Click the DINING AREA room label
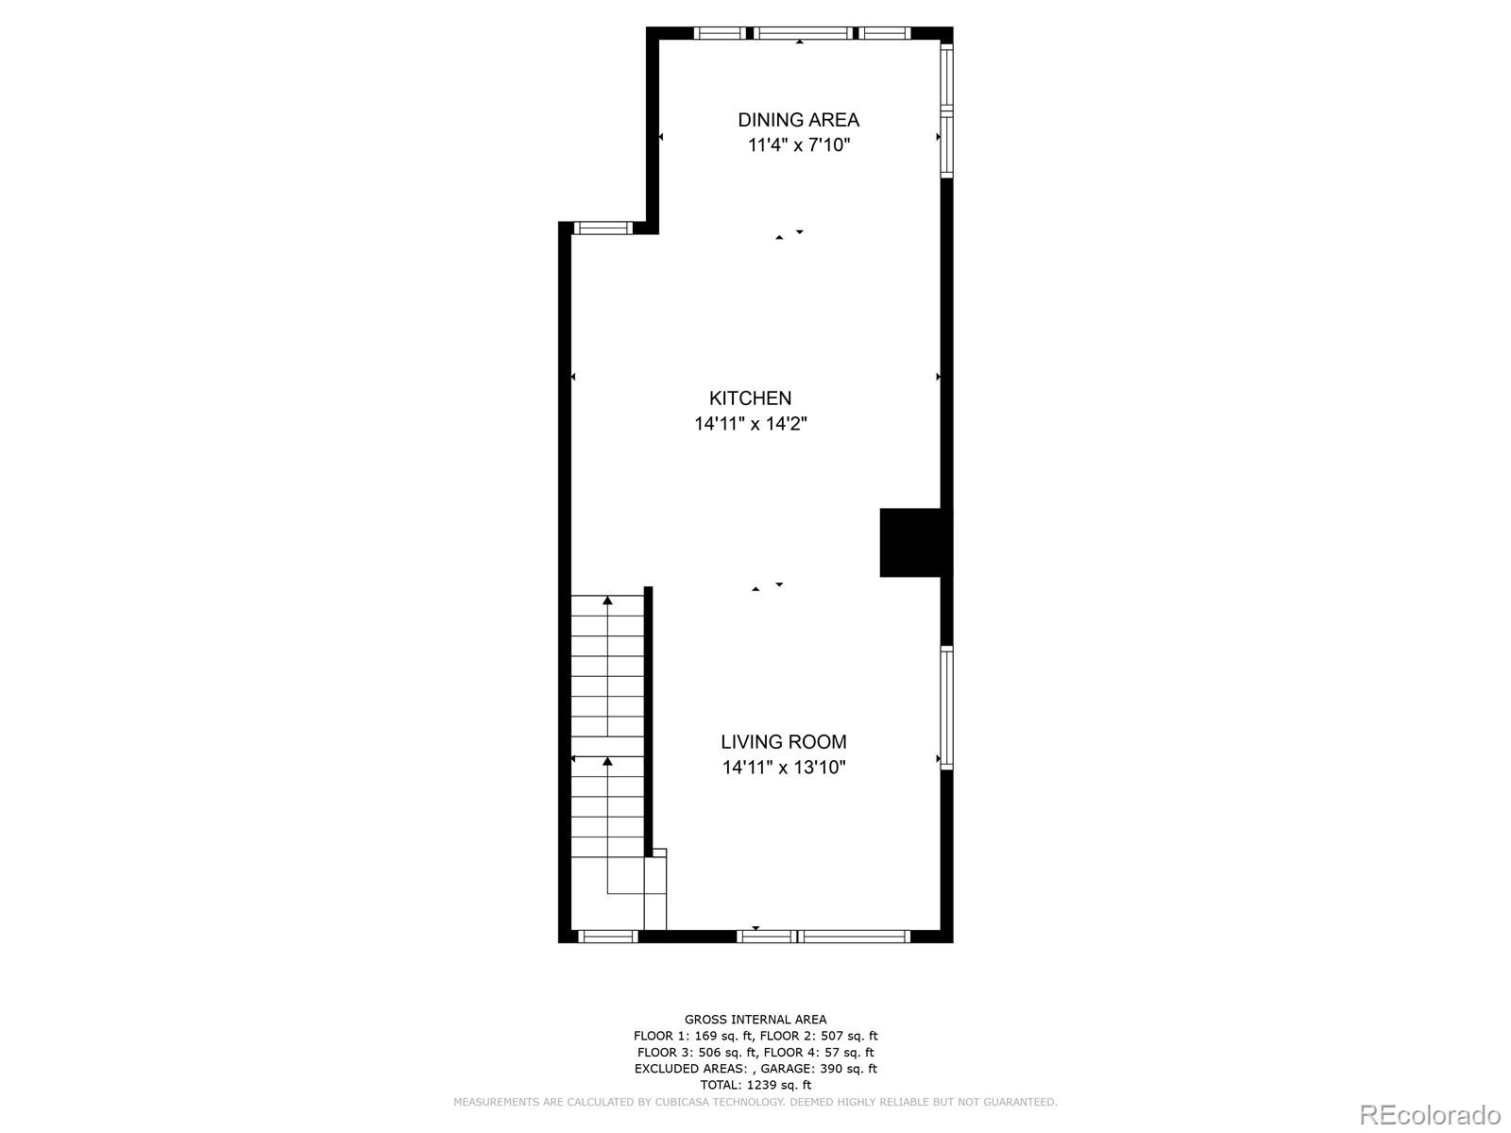[798, 120]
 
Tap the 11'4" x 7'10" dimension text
[799, 145]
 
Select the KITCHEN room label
[750, 398]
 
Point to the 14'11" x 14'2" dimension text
[751, 424]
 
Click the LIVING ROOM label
[784, 742]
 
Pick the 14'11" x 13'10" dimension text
[784, 768]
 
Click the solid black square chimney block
[911, 542]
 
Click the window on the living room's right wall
[946, 707]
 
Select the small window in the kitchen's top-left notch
[603, 228]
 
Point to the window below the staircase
[607, 936]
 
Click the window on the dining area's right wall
[946, 110]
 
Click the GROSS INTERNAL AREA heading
[755, 1019]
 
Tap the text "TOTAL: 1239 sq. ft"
[755, 1085]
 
